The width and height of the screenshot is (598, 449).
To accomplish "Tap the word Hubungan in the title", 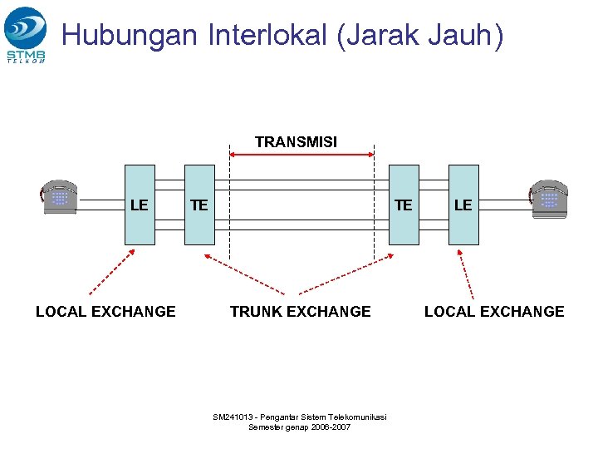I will (x=130, y=36).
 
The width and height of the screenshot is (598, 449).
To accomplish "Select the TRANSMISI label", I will (x=296, y=142).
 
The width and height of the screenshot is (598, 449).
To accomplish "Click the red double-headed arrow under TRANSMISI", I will (x=301, y=154).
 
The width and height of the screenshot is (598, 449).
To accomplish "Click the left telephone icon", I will (x=59, y=197).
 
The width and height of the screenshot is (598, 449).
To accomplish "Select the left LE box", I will (x=140, y=205).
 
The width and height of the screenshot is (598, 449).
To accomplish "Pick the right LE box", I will (x=463, y=205).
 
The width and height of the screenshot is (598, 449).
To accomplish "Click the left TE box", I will (x=199, y=205).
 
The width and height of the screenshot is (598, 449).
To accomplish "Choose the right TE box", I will (x=404, y=205).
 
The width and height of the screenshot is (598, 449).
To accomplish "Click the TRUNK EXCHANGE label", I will (x=300, y=312).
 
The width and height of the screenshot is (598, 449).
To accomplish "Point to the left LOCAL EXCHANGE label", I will (x=105, y=312).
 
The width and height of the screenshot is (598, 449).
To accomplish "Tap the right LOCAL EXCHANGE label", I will (x=494, y=312).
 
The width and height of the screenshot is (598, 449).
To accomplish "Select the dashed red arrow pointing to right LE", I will (x=467, y=274).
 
